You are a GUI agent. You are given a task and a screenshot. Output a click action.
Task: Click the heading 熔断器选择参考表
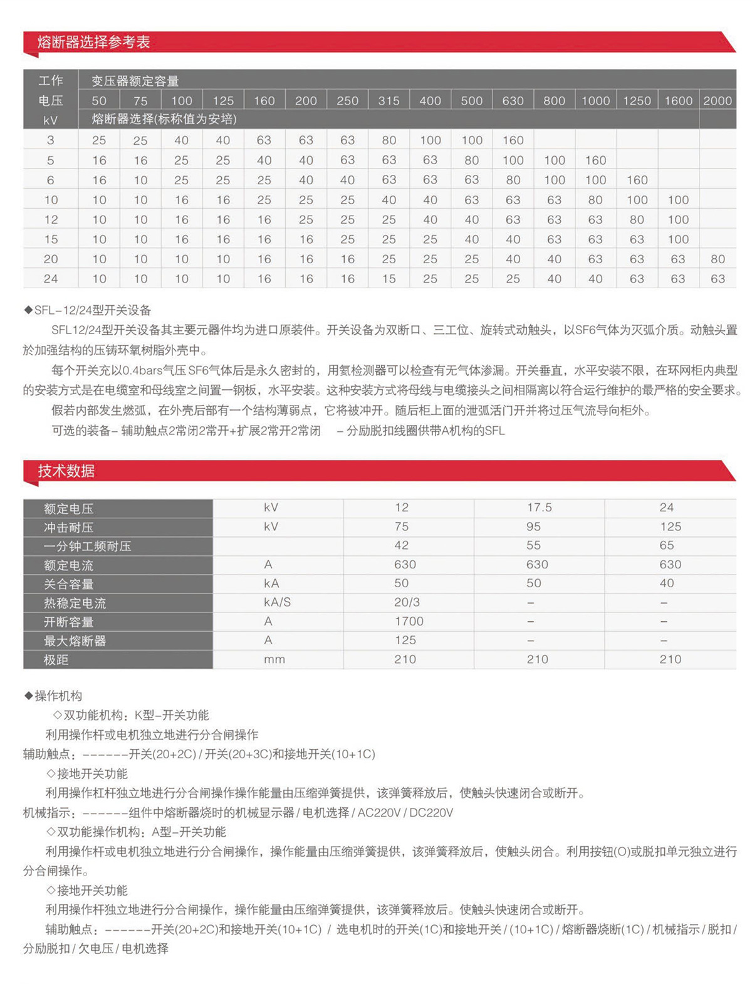pyautogui.click(x=93, y=43)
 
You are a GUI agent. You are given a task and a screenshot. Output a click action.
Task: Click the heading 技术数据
pyautogui.click(x=66, y=471)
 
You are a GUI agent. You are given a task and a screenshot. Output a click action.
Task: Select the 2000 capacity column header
pyautogui.click(x=718, y=100)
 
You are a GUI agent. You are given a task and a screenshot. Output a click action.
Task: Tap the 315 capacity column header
pyautogui.click(x=389, y=100)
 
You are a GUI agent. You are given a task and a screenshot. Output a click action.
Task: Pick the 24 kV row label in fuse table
pyautogui.click(x=51, y=279)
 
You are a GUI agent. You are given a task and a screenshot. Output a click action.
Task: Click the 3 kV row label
pyautogui.click(x=51, y=140)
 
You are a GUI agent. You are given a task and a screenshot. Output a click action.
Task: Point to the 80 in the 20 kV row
pyautogui.click(x=718, y=259)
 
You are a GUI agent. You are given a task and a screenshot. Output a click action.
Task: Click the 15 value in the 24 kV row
pyautogui.click(x=389, y=279)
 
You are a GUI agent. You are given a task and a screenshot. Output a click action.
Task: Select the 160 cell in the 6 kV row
pyautogui.click(x=637, y=180)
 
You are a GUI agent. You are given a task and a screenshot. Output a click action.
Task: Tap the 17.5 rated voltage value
pyautogui.click(x=539, y=508)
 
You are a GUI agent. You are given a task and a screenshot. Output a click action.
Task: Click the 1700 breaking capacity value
pyautogui.click(x=409, y=621)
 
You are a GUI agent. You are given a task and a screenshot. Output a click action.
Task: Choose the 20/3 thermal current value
pyautogui.click(x=407, y=602)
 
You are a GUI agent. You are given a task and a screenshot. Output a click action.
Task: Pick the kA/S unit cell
pyautogui.click(x=277, y=602)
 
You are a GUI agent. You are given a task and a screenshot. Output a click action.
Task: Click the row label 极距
pyautogui.click(x=56, y=660)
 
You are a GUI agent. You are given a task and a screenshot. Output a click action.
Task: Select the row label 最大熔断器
pyautogui.click(x=75, y=641)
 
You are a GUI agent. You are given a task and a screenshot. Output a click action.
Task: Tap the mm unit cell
pyautogui.click(x=274, y=659)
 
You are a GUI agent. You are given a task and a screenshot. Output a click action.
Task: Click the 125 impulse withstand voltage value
pyautogui.click(x=670, y=526)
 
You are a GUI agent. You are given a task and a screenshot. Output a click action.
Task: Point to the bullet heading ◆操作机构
pyautogui.click(x=53, y=696)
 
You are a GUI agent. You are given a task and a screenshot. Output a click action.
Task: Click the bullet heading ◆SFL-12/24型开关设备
pyautogui.click(x=88, y=310)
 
